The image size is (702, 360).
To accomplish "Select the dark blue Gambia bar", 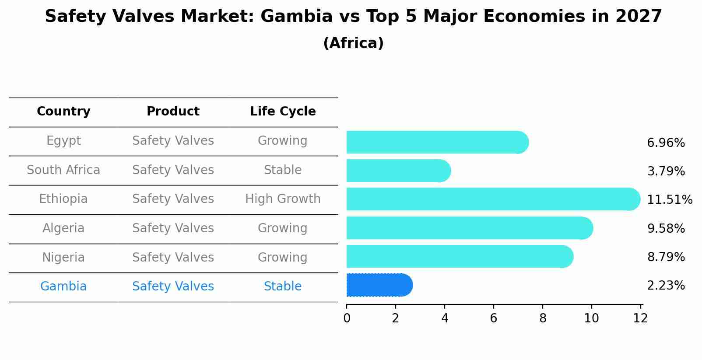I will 379,285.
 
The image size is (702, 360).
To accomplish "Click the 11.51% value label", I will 669,200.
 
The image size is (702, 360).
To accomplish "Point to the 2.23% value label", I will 666,286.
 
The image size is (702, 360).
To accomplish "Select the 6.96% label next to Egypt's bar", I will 666,143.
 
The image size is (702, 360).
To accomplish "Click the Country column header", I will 63,112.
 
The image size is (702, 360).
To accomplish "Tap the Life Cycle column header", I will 283,112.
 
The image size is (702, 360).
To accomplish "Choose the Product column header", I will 173,112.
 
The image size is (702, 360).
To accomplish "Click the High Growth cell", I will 283,199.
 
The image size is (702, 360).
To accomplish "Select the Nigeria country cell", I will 63,257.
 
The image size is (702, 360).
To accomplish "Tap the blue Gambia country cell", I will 63,287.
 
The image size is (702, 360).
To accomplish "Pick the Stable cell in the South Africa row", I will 283,170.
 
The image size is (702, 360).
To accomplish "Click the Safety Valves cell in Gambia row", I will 173,287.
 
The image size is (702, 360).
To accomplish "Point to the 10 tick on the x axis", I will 591,318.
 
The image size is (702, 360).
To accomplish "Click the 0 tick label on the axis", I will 347,318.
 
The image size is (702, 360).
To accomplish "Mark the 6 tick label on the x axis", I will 494,318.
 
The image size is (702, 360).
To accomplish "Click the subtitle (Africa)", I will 353,43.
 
